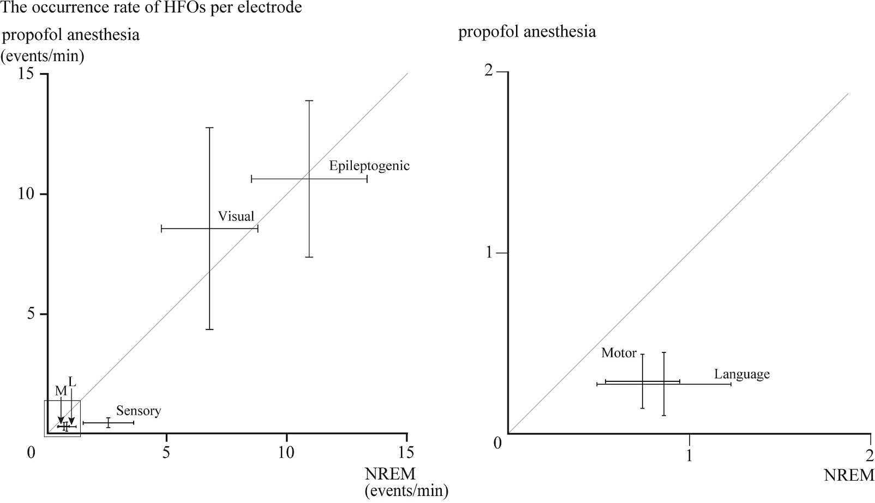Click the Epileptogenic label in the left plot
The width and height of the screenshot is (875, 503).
click(x=369, y=166)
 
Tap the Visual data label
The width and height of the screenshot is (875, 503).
click(x=236, y=216)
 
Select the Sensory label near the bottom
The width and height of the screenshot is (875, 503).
click(x=139, y=411)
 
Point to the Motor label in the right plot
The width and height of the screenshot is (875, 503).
click(x=619, y=353)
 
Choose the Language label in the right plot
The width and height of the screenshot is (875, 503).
click(x=742, y=374)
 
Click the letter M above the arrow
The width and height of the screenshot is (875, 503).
click(x=61, y=391)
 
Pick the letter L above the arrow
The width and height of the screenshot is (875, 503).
click(x=72, y=381)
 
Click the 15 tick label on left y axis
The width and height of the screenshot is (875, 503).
click(x=26, y=74)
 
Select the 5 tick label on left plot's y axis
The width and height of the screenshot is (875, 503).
click(x=31, y=314)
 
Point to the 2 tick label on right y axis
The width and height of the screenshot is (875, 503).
click(x=488, y=71)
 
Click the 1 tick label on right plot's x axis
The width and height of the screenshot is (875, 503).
click(x=689, y=456)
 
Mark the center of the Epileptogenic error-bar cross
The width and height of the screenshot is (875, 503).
click(x=309, y=179)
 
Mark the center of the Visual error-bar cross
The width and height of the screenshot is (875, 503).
click(x=210, y=229)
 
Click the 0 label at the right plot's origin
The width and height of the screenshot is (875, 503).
click(x=498, y=443)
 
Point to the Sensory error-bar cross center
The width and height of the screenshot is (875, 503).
click(x=108, y=423)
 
